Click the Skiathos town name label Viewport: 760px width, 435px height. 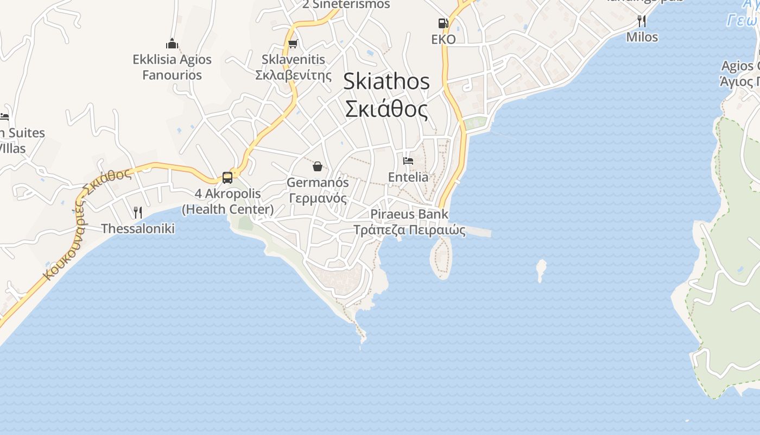coord(386,82)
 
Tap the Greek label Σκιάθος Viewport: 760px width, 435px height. coord(386,109)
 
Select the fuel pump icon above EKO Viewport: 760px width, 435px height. coord(443,23)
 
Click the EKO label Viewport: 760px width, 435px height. coord(443,40)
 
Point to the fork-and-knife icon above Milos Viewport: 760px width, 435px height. coord(642,21)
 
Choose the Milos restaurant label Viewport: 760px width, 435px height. coord(642,37)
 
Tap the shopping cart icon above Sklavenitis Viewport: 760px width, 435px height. coord(293,43)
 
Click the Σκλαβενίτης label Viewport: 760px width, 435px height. coord(293,75)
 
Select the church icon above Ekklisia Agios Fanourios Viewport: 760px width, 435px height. coord(172,43)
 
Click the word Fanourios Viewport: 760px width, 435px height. coord(172,75)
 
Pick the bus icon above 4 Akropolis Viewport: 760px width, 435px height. coord(227,177)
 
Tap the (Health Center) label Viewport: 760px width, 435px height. coord(227,209)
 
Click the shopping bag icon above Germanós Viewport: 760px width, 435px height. coord(318,166)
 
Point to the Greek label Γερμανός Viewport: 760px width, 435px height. coord(318,198)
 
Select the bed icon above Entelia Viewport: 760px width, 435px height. coord(408,160)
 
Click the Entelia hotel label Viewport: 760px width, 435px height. coord(408,177)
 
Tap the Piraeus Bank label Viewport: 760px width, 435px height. coord(409,214)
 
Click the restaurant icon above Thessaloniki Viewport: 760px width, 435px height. coord(138,212)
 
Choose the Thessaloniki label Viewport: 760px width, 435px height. coord(138,228)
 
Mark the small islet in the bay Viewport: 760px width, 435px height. coord(541,269)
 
